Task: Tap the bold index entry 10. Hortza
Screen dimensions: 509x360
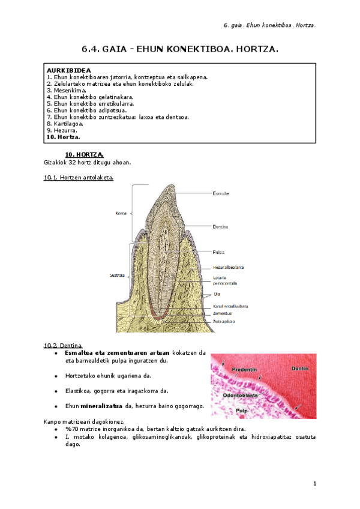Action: [x=64, y=137]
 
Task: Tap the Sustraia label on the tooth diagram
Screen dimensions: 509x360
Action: [x=116, y=276]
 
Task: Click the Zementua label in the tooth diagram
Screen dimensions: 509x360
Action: [x=222, y=313]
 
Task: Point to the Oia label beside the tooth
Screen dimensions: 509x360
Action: [x=217, y=294]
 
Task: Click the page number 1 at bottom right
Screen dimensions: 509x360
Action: [x=314, y=484]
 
